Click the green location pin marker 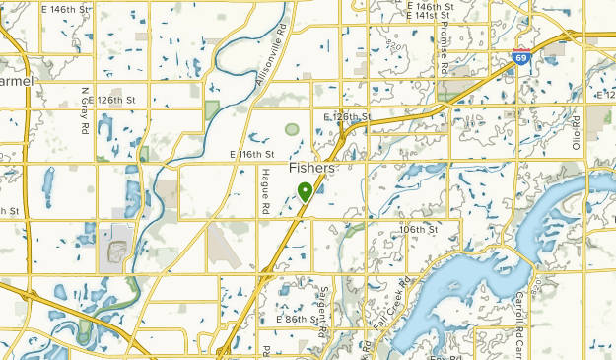coord(306,191)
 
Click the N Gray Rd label coord(86,110)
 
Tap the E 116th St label coord(250,155)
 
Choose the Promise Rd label coord(444,50)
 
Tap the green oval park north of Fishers coord(292,129)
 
